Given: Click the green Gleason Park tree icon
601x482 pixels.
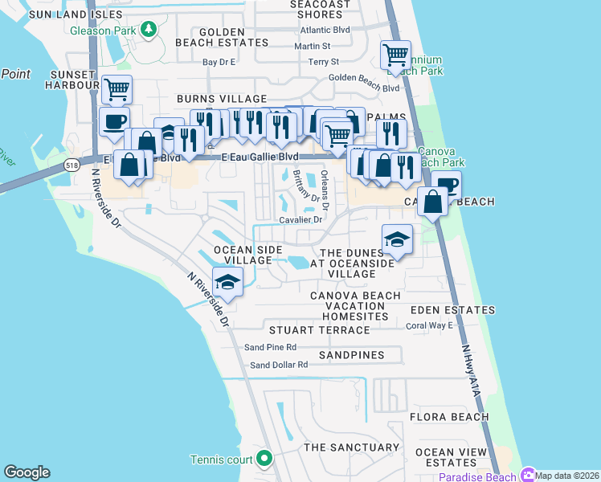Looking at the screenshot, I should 148,30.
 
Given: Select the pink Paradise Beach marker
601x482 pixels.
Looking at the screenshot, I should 528,475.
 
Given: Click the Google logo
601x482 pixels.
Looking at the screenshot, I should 27,472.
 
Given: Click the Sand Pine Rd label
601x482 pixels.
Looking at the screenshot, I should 270,347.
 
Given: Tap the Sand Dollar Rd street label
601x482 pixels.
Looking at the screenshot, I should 279,365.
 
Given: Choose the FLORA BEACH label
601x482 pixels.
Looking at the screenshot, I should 448,417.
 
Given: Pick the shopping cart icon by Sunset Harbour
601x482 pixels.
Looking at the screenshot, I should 117,88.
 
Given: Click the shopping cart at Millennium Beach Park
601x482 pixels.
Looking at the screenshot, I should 395,55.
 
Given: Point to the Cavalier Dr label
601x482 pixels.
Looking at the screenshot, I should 300,219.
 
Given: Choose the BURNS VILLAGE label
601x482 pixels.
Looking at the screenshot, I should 211,98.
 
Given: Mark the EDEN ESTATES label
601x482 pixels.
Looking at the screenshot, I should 452,310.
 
